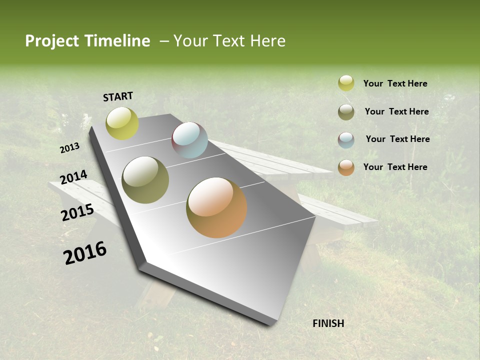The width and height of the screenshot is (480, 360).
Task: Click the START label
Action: click(x=118, y=96)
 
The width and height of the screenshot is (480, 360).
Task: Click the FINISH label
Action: click(x=328, y=323)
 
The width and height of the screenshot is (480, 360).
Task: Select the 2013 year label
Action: click(x=69, y=147)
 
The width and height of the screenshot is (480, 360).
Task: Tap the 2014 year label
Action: click(x=73, y=177)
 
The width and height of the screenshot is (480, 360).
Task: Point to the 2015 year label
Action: click(x=77, y=212)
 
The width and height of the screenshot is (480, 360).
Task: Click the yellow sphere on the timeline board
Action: click(x=122, y=123)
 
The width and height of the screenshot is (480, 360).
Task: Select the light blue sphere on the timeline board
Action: click(x=189, y=140)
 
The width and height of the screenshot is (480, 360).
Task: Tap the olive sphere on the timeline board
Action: click(x=145, y=180)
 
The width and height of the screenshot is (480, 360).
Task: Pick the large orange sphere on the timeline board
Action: click(x=216, y=207)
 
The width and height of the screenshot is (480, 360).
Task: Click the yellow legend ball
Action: click(x=346, y=83)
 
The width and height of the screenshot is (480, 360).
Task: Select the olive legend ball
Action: click(x=346, y=112)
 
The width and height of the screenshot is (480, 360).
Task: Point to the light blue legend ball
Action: click(x=346, y=140)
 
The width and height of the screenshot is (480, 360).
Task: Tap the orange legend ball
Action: click(x=346, y=167)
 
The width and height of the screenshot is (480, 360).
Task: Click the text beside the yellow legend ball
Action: click(x=395, y=84)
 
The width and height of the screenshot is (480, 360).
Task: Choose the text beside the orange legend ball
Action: click(x=395, y=167)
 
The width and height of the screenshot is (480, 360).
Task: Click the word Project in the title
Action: click(x=51, y=41)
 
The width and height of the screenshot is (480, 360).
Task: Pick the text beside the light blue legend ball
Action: click(x=397, y=139)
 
